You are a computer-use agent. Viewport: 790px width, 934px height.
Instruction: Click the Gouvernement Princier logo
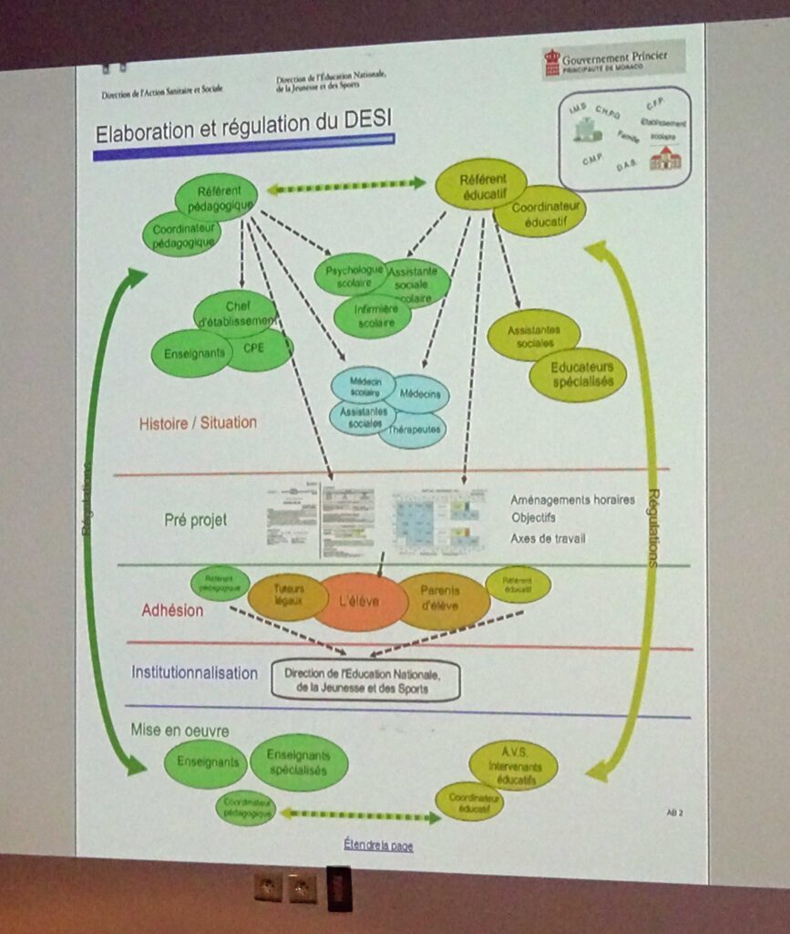pyautogui.click(x=612, y=61)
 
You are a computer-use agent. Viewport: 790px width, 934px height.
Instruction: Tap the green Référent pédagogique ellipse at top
pyautogui.click(x=216, y=197)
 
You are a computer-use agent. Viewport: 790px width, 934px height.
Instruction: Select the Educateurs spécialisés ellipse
pyautogui.click(x=578, y=374)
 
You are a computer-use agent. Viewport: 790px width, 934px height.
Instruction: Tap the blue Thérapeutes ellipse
pyautogui.click(x=413, y=429)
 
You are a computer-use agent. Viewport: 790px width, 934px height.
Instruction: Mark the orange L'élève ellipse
pyautogui.click(x=360, y=602)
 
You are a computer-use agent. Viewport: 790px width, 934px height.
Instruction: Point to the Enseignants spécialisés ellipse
pyautogui.click(x=299, y=763)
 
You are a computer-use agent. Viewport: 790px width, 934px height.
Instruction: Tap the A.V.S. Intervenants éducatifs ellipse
pyautogui.click(x=514, y=764)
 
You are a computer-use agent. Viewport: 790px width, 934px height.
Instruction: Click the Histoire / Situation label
pyautogui.click(x=198, y=422)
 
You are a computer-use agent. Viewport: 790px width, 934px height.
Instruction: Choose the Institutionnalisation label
pyautogui.click(x=194, y=673)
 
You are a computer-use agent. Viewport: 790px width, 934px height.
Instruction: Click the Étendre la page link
pyautogui.click(x=378, y=846)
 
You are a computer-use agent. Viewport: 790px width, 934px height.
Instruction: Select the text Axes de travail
pyautogui.click(x=548, y=538)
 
